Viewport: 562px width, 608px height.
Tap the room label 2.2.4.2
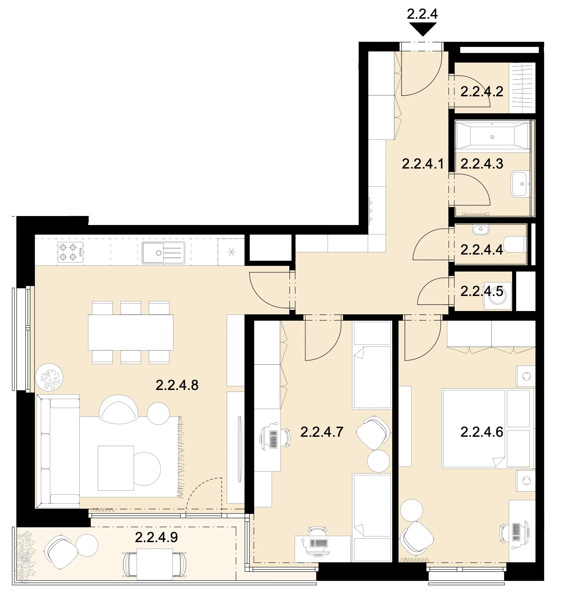pyautogui.click(x=482, y=91)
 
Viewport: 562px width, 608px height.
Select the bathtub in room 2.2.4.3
pyautogui.click(x=492, y=135)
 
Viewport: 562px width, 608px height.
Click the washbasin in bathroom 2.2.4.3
pyautogui.click(x=520, y=184)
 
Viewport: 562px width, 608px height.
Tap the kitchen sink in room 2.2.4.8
pyautogui.click(x=163, y=252)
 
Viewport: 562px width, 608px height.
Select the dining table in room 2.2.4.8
pyautogui.click(x=131, y=332)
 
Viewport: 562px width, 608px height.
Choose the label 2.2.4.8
pyautogui.click(x=177, y=385)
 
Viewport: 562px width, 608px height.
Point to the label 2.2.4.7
pyautogui.click(x=322, y=432)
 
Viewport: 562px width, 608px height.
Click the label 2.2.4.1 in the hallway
pyautogui.click(x=423, y=164)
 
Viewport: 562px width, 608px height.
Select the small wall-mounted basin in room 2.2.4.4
pyautogui.click(x=481, y=229)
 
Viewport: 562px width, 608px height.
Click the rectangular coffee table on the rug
pyautogui.click(x=116, y=468)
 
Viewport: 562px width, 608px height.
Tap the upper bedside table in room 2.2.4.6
pyautogui.click(x=525, y=376)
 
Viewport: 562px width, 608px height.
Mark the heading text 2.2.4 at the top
pyautogui.click(x=423, y=14)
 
